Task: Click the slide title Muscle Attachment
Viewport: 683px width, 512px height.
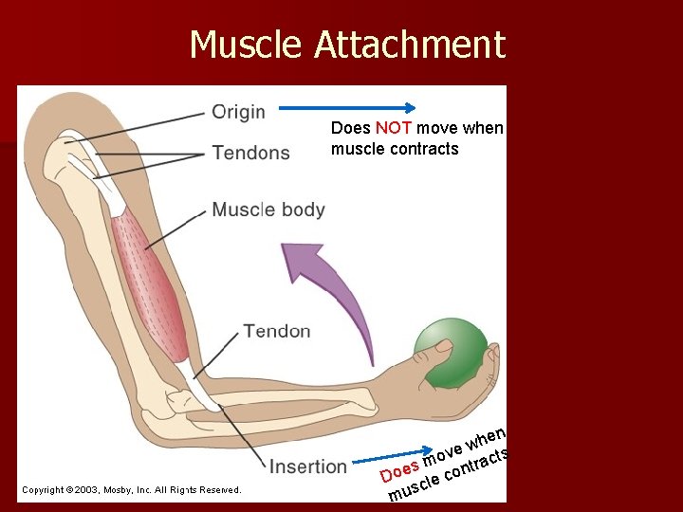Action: pyautogui.click(x=347, y=45)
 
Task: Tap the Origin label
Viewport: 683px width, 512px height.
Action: pyautogui.click(x=238, y=112)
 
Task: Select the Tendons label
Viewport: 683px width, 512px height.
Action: pyautogui.click(x=250, y=153)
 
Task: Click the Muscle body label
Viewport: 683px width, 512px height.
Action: pyautogui.click(x=268, y=210)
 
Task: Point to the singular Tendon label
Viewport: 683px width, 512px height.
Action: pyautogui.click(x=276, y=331)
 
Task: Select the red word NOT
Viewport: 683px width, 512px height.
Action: pyautogui.click(x=393, y=128)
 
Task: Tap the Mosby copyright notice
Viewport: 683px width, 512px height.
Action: pyautogui.click(x=131, y=490)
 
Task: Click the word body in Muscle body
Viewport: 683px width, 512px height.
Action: pyautogui.click(x=303, y=210)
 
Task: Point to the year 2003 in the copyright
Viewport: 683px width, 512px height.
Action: pyautogui.click(x=95, y=490)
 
